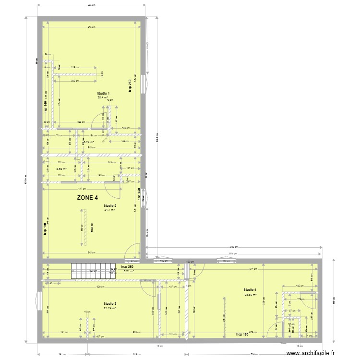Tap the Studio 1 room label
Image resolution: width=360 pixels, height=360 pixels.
(x=103, y=93)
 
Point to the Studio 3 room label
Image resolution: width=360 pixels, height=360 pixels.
(x=110, y=303)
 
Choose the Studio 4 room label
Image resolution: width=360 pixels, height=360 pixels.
(x=250, y=290)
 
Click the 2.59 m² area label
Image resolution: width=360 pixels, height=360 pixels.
(x=61, y=169)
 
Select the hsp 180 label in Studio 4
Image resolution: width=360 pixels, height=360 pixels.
(x=242, y=334)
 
